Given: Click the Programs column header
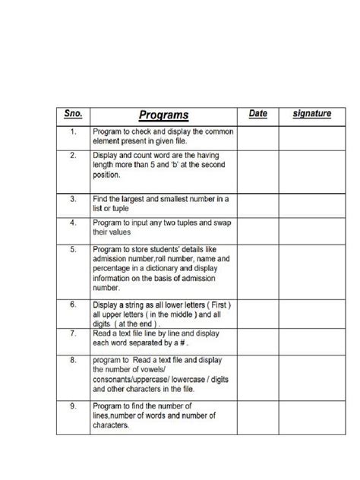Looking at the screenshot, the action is (x=164, y=115).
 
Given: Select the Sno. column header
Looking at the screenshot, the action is (x=72, y=114).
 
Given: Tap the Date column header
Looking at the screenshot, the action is (x=258, y=114).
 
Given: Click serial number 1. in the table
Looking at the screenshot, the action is (x=72, y=132).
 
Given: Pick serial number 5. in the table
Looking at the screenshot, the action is (x=72, y=248).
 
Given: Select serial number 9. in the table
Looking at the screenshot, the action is (x=72, y=406).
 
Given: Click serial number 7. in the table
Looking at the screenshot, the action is (x=72, y=333).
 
